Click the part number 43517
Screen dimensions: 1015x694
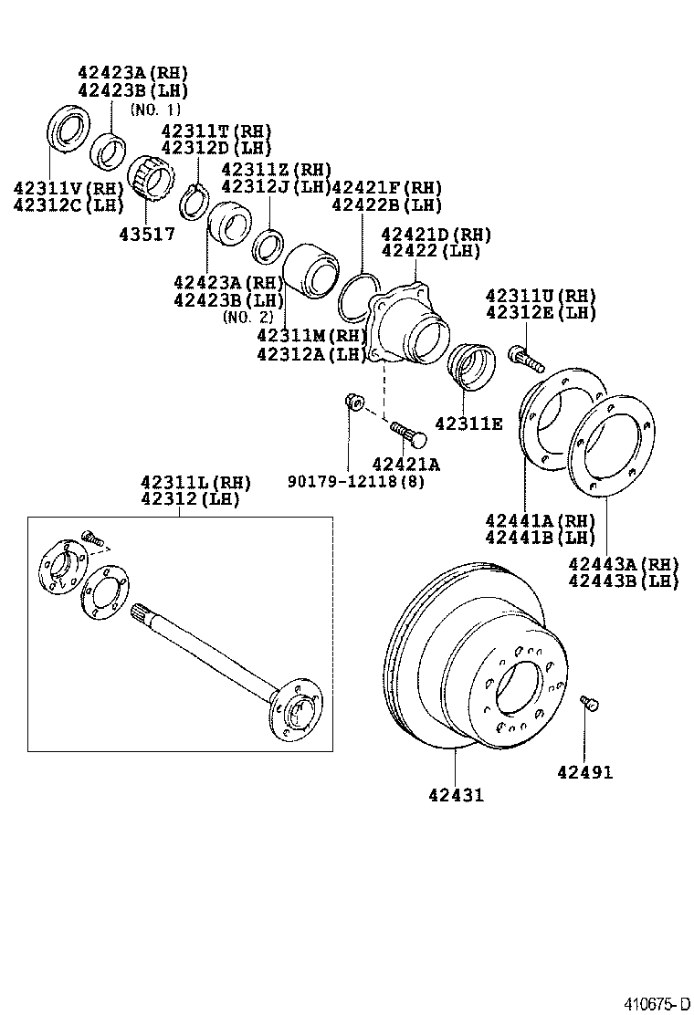click(x=146, y=233)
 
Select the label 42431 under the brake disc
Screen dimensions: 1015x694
click(x=455, y=795)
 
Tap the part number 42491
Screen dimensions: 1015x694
click(x=584, y=772)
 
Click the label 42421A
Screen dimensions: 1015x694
click(x=405, y=464)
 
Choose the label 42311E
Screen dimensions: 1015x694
click(x=468, y=424)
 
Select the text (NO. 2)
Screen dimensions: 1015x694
click(x=247, y=317)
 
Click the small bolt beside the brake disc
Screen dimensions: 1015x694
click(x=589, y=703)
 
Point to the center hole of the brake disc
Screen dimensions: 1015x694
click(x=517, y=686)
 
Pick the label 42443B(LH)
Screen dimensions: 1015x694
click(x=623, y=581)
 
